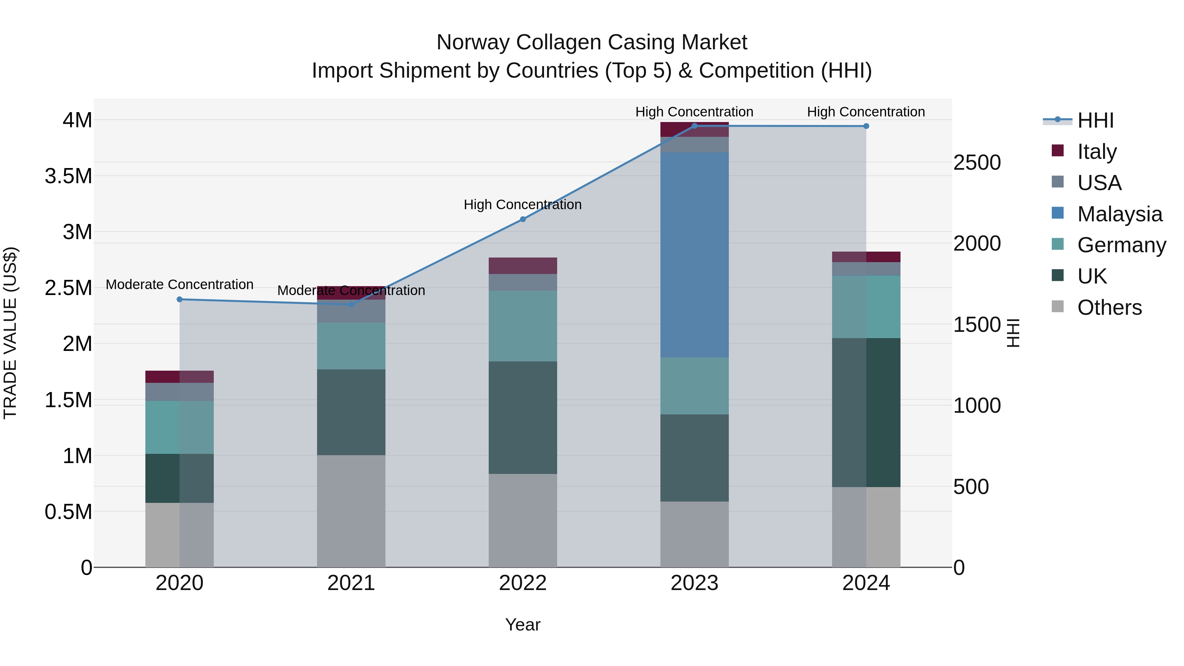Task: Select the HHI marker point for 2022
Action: click(523, 219)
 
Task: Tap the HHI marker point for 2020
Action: click(180, 299)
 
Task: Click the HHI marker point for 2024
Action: click(866, 126)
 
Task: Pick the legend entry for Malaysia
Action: click(1119, 214)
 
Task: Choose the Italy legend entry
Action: click(1096, 152)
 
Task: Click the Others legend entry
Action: click(1109, 308)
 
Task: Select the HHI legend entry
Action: click(1095, 120)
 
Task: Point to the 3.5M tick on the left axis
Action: click(68, 176)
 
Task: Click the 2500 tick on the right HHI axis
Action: click(977, 163)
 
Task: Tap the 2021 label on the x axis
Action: click(351, 583)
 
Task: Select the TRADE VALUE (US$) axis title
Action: click(10, 333)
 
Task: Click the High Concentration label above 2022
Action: click(523, 205)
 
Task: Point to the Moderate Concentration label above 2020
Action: click(180, 284)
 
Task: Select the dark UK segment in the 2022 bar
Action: click(523, 417)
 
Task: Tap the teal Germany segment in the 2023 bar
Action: click(694, 386)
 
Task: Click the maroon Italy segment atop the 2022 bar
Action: click(523, 266)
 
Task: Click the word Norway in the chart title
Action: click(473, 42)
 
